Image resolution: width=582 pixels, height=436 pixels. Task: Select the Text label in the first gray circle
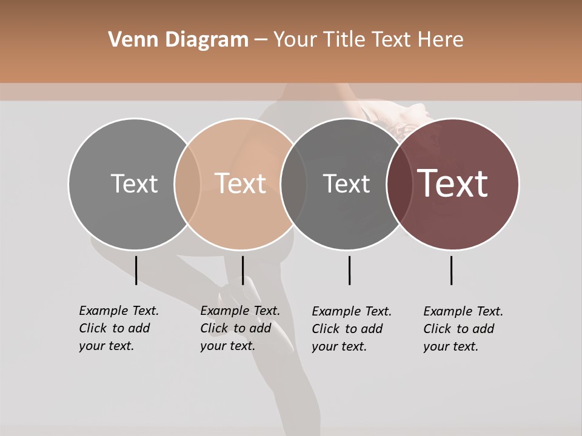134,183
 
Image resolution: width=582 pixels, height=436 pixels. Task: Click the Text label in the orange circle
240,183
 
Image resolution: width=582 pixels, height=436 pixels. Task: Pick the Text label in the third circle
346,183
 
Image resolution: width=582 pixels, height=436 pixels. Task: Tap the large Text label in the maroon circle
453,183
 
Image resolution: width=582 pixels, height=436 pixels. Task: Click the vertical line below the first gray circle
136,270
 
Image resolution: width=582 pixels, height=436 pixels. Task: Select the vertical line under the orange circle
242,270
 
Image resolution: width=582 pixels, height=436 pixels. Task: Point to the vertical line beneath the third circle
349,270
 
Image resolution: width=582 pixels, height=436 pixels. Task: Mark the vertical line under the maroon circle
451,270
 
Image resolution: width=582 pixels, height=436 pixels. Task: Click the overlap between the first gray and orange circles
187,183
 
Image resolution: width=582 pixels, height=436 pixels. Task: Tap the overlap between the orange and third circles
293,183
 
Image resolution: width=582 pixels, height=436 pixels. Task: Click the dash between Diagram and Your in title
261,40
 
